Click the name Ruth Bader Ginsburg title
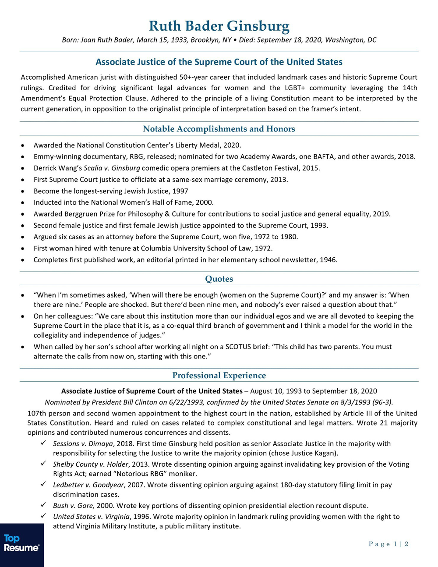(x=219, y=26)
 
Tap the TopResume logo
(x=21, y=543)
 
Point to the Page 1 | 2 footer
(x=389, y=544)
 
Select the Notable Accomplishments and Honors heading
(x=219, y=129)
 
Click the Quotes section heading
(x=219, y=279)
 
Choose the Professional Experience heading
(x=219, y=376)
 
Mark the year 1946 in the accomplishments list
(x=328, y=260)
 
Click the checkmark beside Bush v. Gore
(x=43, y=505)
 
